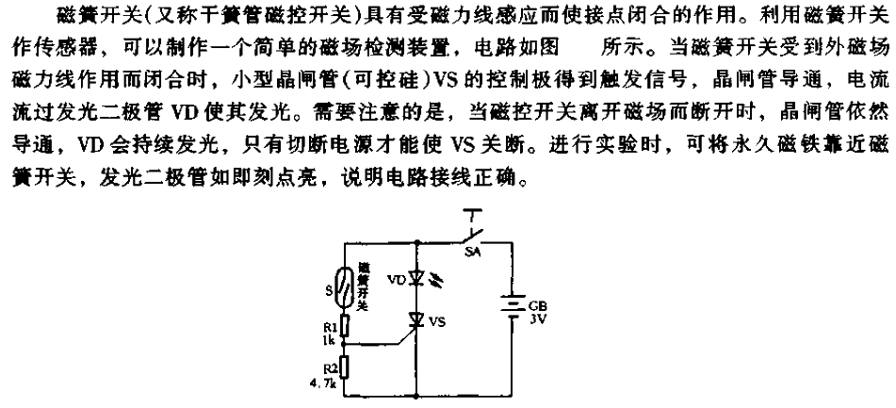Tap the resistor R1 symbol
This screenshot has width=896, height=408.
coord(345,325)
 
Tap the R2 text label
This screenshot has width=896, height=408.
coord(330,360)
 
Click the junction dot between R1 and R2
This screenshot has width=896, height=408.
coord(345,344)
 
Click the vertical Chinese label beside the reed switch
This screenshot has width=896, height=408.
coord(362,286)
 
